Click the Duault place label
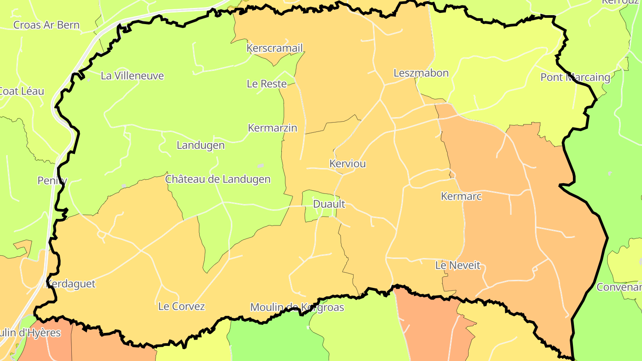[x=329, y=204]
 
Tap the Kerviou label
[x=347, y=164]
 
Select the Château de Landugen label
[x=218, y=179]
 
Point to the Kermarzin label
[x=272, y=128]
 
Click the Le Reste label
[x=267, y=83]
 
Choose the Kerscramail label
[x=275, y=48]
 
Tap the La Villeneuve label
[x=132, y=76]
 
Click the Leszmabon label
[x=421, y=73]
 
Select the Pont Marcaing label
[x=575, y=77]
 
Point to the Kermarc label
[x=461, y=196]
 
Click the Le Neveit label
[x=458, y=266]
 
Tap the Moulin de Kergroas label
[x=297, y=307]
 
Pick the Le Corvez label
[x=181, y=307]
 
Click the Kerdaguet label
[x=71, y=284]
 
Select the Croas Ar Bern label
[x=46, y=25]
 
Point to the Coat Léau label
[x=21, y=91]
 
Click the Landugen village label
[x=201, y=145]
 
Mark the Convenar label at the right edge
[x=619, y=287]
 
